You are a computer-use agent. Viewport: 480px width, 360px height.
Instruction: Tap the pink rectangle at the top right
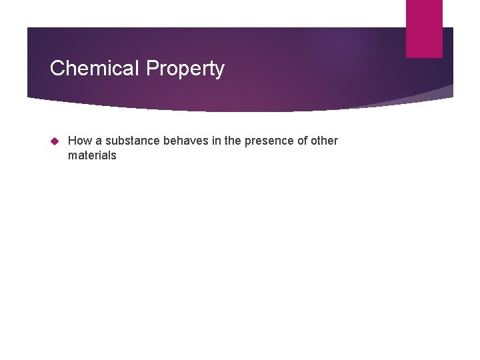coord(424,28)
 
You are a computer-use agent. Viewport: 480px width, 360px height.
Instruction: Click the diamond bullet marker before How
coord(56,141)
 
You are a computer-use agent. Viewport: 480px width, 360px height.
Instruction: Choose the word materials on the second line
coord(92,155)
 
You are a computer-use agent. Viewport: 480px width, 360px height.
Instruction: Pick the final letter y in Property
coord(219,70)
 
